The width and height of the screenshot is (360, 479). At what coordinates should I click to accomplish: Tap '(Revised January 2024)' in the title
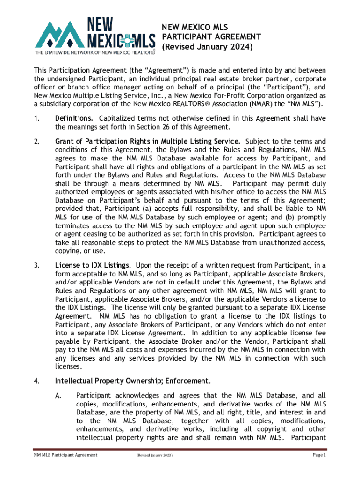point(207,47)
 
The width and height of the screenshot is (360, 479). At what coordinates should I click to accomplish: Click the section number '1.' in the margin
point(37,119)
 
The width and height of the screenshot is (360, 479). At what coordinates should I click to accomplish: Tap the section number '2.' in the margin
point(37,141)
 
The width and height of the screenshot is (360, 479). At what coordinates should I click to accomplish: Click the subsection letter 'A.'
point(58,396)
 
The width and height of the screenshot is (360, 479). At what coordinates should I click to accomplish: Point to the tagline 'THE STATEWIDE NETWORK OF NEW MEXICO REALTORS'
point(94,52)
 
